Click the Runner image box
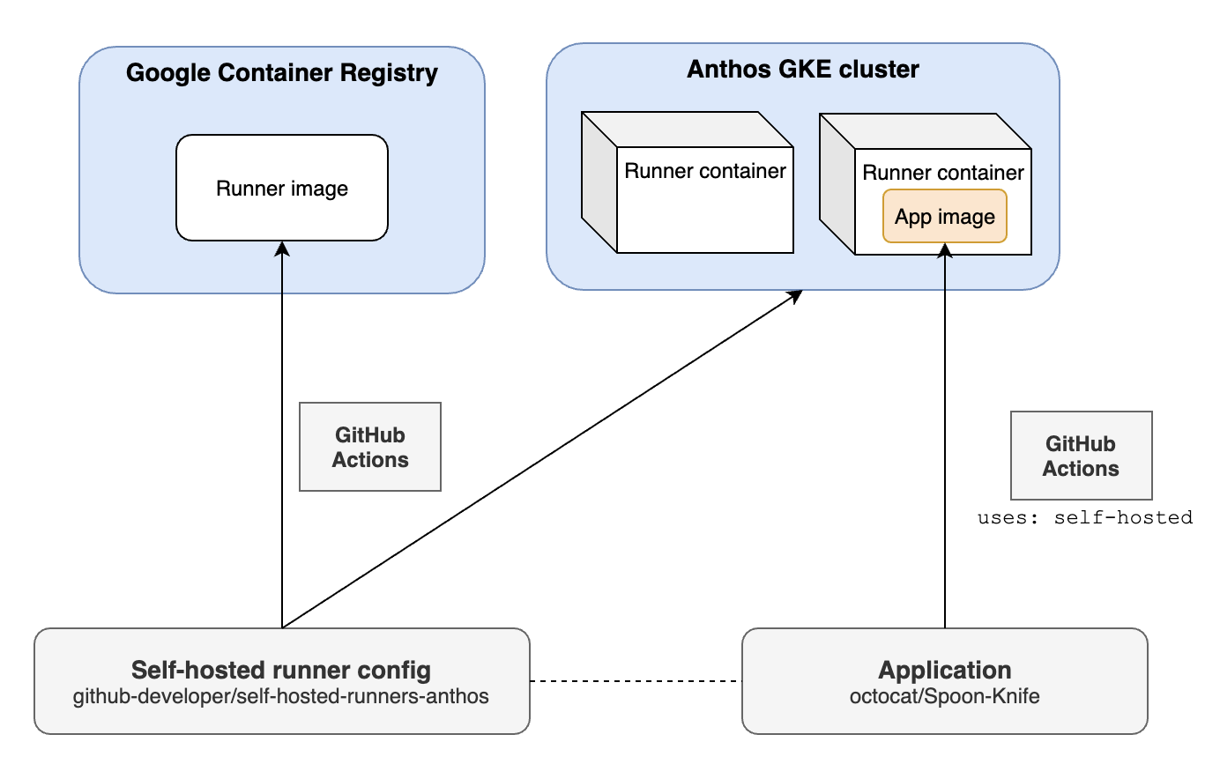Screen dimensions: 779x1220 (282, 188)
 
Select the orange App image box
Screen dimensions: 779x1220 (944, 217)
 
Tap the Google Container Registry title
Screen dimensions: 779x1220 (281, 72)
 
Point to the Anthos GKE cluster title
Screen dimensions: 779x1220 (802, 70)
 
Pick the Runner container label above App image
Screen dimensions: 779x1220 (942, 173)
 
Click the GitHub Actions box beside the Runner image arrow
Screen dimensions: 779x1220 (370, 447)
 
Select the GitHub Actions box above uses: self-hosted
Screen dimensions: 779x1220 (1081, 456)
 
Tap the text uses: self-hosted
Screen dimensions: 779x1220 (1084, 517)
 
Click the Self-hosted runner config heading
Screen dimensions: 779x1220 (281, 670)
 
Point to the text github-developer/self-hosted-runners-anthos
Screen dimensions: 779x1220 (281, 696)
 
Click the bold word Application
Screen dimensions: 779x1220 (944, 670)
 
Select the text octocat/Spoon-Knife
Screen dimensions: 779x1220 (944, 696)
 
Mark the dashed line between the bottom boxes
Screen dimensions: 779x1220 (636, 680)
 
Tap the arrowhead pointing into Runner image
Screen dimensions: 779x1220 (282, 249)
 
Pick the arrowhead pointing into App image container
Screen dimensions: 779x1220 (945, 251)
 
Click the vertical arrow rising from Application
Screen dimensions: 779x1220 (945, 441)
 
